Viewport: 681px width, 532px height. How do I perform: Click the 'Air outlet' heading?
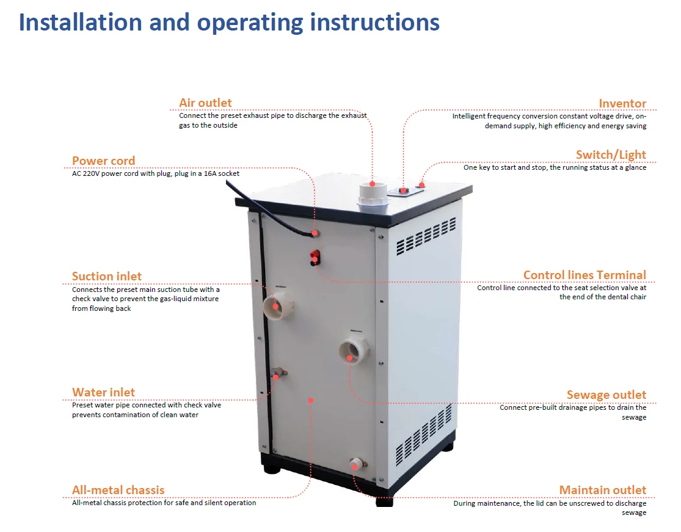205,103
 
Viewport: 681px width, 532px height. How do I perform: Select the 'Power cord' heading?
103,161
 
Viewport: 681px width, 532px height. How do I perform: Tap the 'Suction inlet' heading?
107,276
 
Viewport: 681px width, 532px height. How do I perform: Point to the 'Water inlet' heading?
103,392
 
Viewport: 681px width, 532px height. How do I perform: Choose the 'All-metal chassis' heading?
118,490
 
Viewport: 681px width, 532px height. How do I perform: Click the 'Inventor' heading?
622,103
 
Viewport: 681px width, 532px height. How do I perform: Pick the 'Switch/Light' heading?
611,155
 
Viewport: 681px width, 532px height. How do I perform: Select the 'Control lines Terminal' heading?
584,275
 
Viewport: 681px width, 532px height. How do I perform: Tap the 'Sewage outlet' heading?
606,395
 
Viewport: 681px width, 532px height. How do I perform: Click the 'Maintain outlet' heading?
603,490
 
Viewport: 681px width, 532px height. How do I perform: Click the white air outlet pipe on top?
373,198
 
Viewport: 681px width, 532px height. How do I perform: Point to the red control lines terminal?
315,257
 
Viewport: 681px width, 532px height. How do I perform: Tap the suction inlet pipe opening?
277,305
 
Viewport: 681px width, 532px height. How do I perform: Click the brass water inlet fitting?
277,373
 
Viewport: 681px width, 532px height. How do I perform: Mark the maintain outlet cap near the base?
357,464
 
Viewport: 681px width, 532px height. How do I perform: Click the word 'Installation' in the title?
81,22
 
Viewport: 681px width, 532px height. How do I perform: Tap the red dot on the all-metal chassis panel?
310,401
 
